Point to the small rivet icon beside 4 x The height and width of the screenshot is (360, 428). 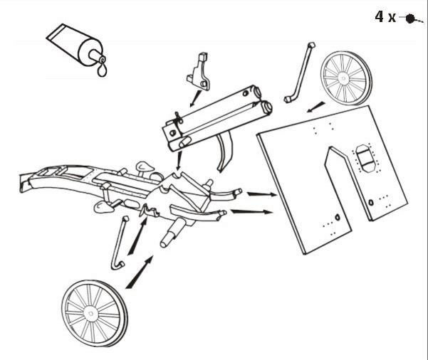(x=410, y=18)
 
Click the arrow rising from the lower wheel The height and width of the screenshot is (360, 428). (x=140, y=272)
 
